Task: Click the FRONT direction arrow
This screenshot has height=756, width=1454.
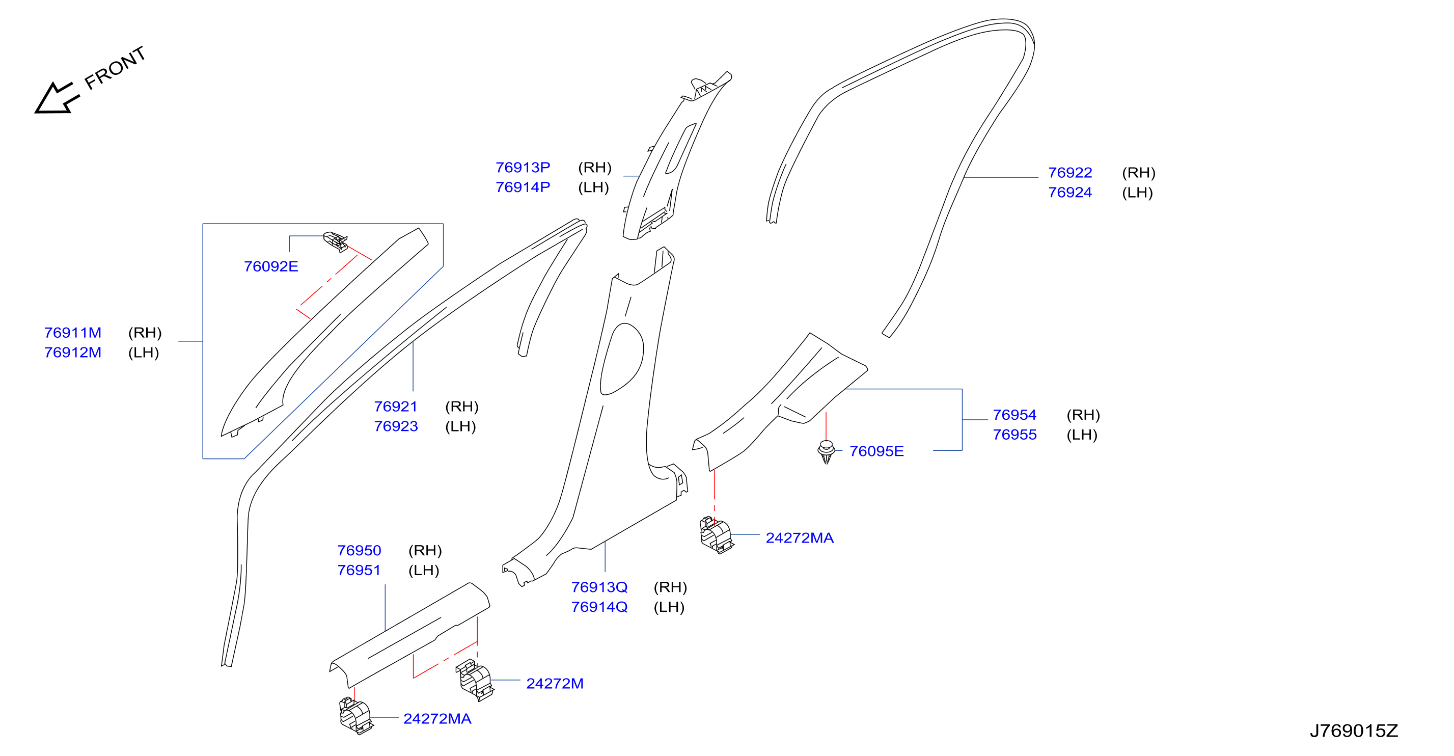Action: tap(57, 98)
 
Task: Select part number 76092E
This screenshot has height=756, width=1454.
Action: tap(271, 266)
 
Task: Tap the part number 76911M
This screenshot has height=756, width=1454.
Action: tap(73, 333)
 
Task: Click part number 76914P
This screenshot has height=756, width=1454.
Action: tap(523, 187)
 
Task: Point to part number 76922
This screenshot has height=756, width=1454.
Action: tap(1070, 172)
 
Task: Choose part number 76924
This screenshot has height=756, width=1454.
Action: tap(1070, 193)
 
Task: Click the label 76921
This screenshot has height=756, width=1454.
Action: tap(396, 407)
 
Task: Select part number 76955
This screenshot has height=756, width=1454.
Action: tap(1015, 435)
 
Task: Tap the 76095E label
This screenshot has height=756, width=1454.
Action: tap(876, 451)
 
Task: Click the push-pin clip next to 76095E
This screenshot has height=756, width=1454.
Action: tap(827, 451)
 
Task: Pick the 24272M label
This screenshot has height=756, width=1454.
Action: tap(555, 684)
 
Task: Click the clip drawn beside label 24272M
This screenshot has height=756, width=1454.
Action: tap(475, 680)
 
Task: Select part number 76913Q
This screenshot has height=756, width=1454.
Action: tap(599, 587)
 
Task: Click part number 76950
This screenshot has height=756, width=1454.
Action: tap(359, 551)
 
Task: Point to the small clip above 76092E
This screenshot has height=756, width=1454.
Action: tap(335, 241)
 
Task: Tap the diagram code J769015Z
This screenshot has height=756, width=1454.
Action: tap(1354, 731)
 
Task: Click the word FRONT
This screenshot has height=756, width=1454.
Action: tap(115, 68)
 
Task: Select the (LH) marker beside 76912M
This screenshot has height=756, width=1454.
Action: tap(144, 353)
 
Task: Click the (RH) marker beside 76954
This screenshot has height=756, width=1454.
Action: tap(1083, 415)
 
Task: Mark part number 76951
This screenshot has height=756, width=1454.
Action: tap(359, 570)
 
